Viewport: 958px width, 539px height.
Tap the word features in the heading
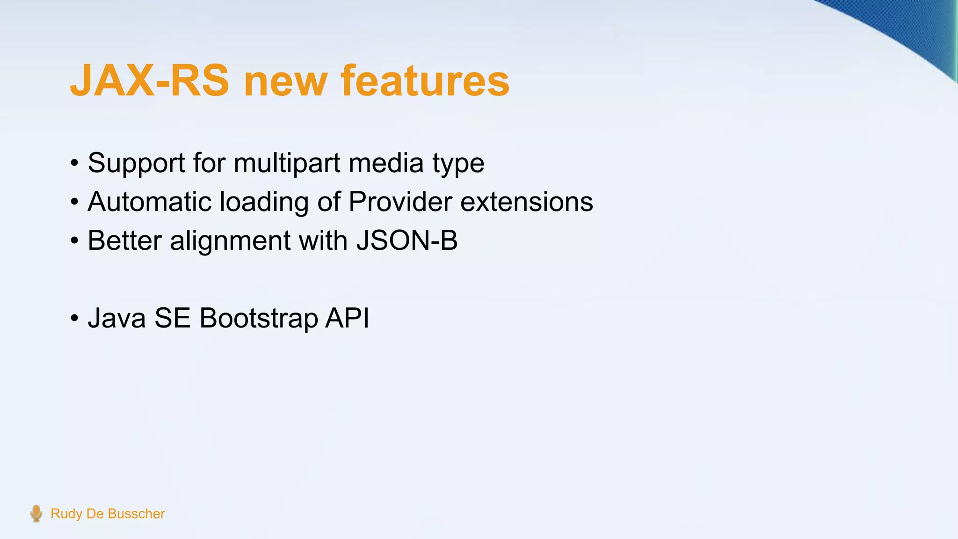[425, 81]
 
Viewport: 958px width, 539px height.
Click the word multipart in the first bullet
[287, 163]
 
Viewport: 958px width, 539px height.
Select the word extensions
[527, 202]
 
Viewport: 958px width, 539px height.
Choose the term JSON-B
[406, 240]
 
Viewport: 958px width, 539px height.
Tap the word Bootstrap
[258, 319]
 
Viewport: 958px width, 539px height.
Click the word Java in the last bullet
[116, 318]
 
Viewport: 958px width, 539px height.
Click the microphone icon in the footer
[36, 513]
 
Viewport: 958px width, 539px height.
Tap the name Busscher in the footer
[136, 514]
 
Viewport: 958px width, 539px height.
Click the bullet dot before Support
[74, 164]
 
